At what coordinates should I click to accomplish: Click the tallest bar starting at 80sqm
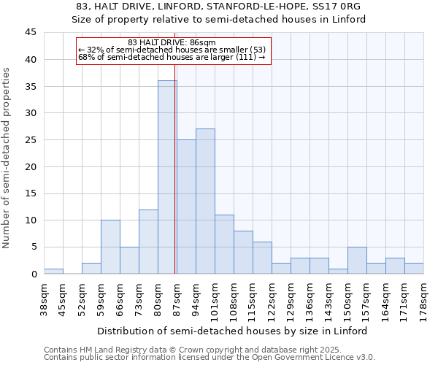click(167, 177)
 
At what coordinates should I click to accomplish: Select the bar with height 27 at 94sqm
click(205, 201)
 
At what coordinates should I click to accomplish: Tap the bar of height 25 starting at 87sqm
click(186, 207)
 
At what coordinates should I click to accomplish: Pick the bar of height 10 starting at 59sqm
click(110, 247)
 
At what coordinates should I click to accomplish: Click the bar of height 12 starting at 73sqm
click(148, 242)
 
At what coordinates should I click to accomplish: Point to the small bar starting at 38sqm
click(53, 271)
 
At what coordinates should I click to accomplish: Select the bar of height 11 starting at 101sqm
click(224, 245)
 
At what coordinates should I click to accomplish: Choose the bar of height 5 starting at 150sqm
click(357, 261)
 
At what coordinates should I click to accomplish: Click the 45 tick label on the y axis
click(30, 33)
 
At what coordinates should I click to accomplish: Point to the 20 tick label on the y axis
click(30, 166)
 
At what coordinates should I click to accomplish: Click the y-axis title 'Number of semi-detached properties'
click(7, 158)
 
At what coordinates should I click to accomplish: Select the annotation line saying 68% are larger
click(172, 57)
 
